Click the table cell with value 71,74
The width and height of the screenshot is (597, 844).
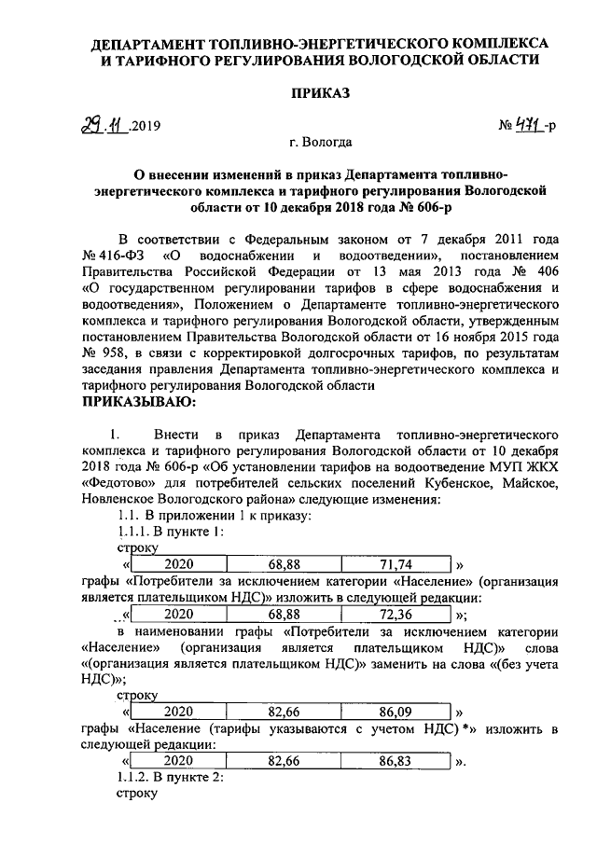pos(396,564)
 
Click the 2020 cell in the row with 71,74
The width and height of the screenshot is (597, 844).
pos(179,564)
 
